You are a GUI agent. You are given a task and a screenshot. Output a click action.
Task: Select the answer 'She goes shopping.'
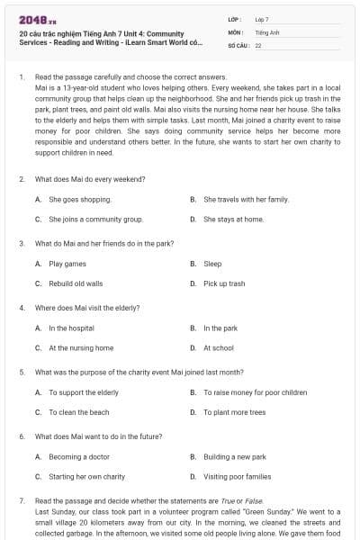click(80, 199)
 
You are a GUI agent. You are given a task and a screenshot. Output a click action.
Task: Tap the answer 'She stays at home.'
click(233, 219)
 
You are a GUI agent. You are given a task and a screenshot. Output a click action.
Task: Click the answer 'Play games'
click(67, 264)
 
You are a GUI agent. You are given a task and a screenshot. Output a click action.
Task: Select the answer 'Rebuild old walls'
click(76, 283)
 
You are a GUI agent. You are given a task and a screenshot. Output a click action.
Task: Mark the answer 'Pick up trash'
click(224, 283)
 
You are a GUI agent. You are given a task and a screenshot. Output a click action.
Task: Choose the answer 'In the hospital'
click(71, 328)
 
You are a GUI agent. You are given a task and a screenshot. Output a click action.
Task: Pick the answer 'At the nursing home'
click(81, 348)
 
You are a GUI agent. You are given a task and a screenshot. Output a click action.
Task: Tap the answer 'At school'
click(218, 348)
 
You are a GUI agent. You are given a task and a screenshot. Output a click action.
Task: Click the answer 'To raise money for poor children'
click(255, 392)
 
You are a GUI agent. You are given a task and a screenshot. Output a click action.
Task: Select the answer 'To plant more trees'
click(234, 412)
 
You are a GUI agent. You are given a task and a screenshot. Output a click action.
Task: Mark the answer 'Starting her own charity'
click(86, 477)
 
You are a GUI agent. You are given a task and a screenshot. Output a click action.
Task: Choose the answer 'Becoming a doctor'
click(79, 457)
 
